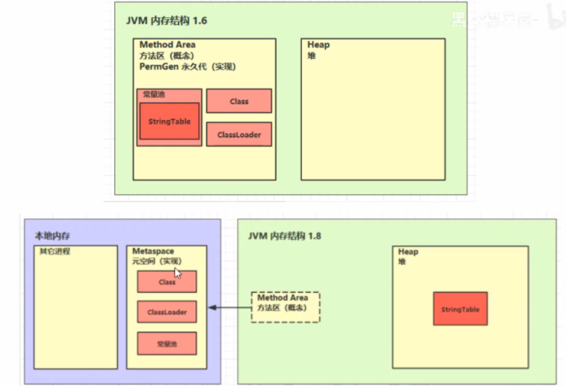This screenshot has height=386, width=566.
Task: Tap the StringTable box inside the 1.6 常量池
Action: (x=170, y=121)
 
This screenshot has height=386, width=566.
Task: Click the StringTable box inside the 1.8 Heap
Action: (x=460, y=309)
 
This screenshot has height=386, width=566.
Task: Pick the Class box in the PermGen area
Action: (x=239, y=101)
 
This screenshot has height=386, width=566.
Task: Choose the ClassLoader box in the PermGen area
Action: (x=239, y=134)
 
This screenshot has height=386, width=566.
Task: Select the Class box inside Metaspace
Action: (x=167, y=282)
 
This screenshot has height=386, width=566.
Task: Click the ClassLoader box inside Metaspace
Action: (x=167, y=312)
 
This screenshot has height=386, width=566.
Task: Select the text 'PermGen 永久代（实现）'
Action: (x=187, y=66)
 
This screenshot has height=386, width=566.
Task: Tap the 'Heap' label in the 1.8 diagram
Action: (x=408, y=252)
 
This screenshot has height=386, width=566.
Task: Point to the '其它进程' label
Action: (x=54, y=251)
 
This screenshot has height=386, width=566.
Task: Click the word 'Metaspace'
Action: (x=153, y=251)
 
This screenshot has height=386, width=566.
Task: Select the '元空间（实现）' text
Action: (x=157, y=261)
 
